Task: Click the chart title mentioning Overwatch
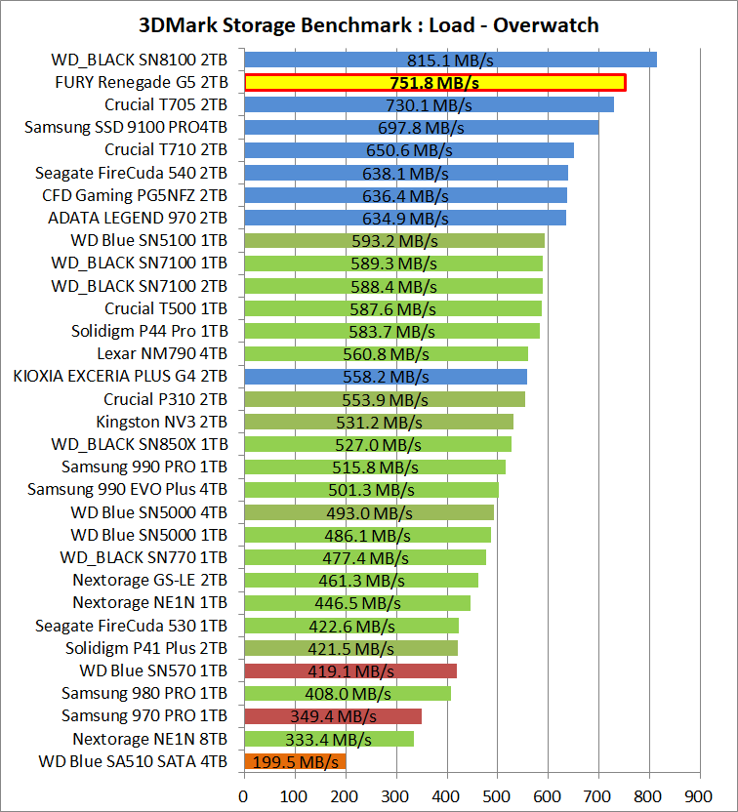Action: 369,24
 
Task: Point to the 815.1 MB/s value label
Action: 449,60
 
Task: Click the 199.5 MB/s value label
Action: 295,761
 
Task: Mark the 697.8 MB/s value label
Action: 421,128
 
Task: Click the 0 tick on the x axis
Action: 243,794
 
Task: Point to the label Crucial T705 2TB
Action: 166,104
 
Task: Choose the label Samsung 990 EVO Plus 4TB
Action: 127,490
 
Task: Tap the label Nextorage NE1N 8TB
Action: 150,739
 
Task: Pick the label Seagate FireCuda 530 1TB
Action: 131,626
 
